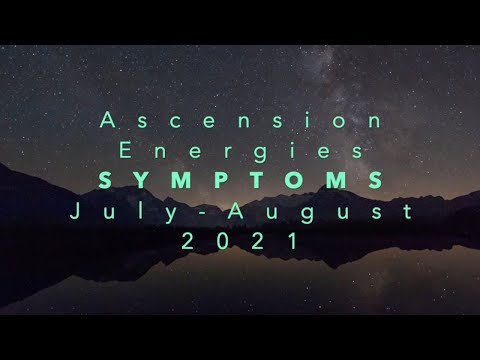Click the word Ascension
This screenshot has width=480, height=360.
tap(241, 122)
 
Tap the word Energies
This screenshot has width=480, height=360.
tap(241, 152)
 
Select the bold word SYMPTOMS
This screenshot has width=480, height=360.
tap(241, 181)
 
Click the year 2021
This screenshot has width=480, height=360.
tap(241, 240)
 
